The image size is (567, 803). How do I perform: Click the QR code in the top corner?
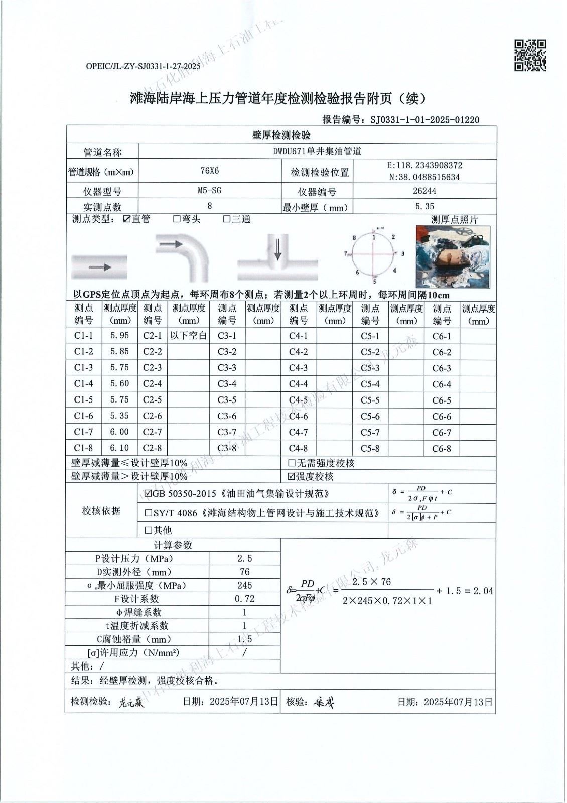tap(530, 55)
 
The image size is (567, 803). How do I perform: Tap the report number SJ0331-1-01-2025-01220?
tap(424, 120)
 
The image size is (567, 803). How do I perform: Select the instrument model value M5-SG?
tap(209, 191)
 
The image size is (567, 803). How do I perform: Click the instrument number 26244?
tap(424, 191)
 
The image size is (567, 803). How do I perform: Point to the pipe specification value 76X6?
tap(209, 171)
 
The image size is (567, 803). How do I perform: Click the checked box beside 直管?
tap(127, 219)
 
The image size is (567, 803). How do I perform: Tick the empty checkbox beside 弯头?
tap(177, 219)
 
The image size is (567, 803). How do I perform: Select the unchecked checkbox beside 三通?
tap(227, 219)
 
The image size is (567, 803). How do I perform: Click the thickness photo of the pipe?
tap(453, 256)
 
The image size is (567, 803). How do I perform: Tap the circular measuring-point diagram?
tap(373, 254)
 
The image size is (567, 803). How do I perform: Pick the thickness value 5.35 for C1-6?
tap(119, 416)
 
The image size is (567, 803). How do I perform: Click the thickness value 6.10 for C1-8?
tap(119, 448)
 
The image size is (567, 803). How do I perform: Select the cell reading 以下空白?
tap(188, 336)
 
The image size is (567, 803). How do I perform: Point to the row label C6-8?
tap(442, 449)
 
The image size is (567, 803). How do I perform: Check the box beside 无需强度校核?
tap(292, 463)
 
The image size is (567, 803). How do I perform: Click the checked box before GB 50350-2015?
tap(148, 494)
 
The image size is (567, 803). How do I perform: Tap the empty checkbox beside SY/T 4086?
tap(148, 513)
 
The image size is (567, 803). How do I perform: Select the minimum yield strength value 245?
tap(244, 585)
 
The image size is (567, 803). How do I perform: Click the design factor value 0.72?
tap(244, 599)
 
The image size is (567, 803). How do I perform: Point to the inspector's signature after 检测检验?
tap(131, 703)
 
